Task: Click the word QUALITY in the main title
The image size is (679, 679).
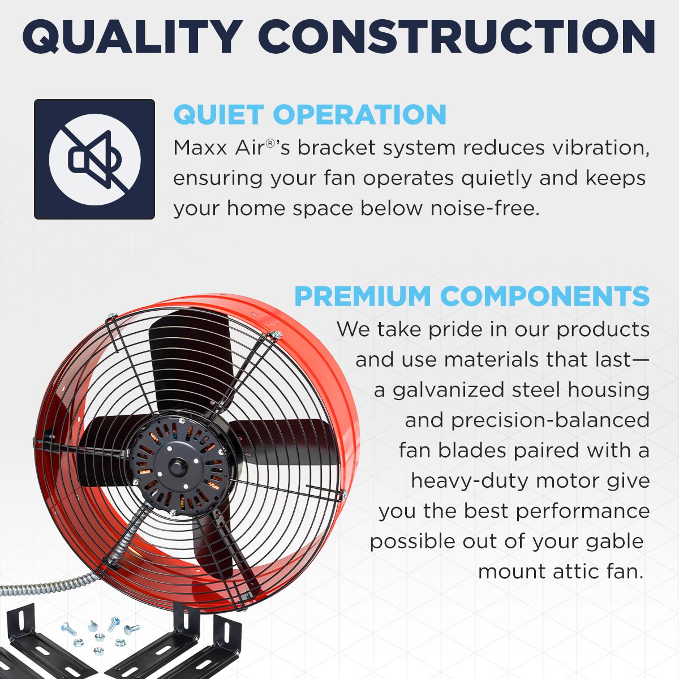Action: (x=132, y=37)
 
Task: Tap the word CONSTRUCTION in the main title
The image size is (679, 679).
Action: (x=457, y=37)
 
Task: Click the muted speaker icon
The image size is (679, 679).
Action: (x=94, y=159)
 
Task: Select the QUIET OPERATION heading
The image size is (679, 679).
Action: (x=310, y=115)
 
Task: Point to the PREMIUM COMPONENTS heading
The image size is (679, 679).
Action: (x=472, y=296)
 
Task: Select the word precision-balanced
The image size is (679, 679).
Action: (x=550, y=420)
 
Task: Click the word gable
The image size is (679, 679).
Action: (x=614, y=542)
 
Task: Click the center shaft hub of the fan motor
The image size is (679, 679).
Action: (x=177, y=466)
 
